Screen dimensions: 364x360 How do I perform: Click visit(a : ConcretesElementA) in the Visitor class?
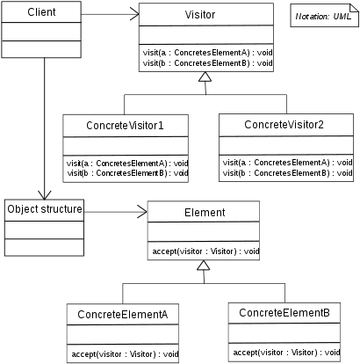(x=201, y=54)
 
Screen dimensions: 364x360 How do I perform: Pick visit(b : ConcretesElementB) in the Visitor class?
(x=201, y=64)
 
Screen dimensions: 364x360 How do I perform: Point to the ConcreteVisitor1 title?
(x=126, y=127)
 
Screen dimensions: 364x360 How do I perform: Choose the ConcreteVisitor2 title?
(x=285, y=125)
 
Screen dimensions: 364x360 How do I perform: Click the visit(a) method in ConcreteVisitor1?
(x=126, y=164)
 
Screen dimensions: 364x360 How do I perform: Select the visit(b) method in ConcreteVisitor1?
(x=126, y=173)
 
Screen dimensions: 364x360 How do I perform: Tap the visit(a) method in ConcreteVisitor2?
(x=287, y=163)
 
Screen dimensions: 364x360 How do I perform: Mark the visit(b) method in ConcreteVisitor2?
(x=287, y=172)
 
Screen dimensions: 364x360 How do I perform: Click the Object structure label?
(x=45, y=210)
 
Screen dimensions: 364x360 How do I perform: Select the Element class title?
(x=204, y=212)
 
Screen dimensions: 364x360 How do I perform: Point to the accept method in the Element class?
(x=205, y=251)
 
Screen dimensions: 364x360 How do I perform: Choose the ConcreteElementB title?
(x=284, y=313)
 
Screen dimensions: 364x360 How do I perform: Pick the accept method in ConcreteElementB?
(x=284, y=353)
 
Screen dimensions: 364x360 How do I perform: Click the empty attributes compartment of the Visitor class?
(x=201, y=37)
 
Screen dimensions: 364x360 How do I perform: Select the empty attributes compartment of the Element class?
(x=204, y=231)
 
